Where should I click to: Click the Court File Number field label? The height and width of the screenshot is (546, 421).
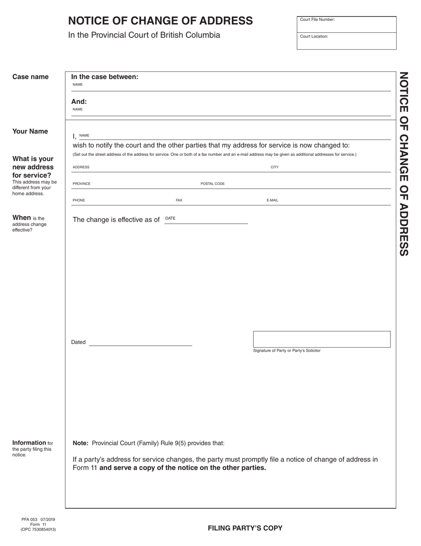coord(317,20)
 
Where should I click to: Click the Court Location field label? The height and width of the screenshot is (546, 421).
coord(314,36)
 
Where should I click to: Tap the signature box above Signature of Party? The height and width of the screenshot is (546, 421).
coord(322,339)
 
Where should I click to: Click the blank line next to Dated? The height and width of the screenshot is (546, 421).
coord(140,342)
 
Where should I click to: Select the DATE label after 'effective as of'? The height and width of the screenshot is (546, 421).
coord(170,218)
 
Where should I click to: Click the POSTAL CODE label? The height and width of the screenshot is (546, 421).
coord(213,184)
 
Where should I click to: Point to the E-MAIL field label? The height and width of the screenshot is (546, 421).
coord(273,201)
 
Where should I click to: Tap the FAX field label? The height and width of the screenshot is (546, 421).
coord(179,201)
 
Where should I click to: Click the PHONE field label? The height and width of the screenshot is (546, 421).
coord(79,201)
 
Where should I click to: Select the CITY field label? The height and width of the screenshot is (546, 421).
coord(275,167)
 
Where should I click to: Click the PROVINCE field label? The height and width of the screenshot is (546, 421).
coord(82,184)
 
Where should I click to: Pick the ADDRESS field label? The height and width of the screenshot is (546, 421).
coord(81,167)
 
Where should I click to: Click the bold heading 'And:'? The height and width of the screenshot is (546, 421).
coord(79,101)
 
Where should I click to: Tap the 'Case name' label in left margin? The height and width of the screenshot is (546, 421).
coord(31,77)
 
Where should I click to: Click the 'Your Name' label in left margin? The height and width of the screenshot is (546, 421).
coord(30,131)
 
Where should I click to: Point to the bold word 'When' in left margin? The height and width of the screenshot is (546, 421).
coord(21,218)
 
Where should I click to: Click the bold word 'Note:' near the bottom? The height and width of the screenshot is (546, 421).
coord(81,443)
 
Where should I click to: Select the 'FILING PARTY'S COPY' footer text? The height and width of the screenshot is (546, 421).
coord(245,528)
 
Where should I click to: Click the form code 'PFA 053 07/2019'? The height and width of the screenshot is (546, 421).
coord(38,519)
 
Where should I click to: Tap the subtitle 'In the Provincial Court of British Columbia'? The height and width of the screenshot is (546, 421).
coord(144,35)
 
